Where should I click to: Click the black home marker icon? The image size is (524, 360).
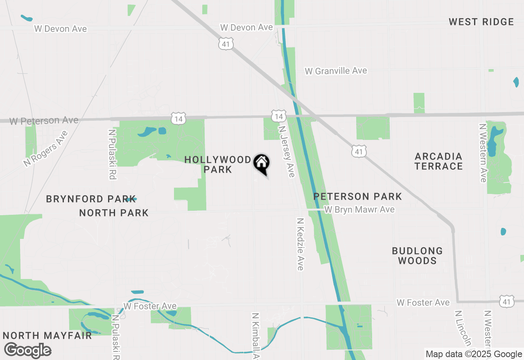261,164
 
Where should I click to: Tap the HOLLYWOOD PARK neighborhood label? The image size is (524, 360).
218,164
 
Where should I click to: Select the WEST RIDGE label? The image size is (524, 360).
481,22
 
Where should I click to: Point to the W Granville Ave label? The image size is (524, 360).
336,71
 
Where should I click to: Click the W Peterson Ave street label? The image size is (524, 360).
44,121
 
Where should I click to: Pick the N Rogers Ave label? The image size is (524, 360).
45,148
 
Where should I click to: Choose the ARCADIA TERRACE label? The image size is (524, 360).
438,161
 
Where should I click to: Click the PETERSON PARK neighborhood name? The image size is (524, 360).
358,196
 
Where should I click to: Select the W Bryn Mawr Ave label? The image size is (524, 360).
359,209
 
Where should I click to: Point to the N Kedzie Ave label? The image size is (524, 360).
300,244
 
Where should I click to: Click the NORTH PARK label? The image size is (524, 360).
114,213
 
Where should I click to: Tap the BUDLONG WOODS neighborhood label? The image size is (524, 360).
417,256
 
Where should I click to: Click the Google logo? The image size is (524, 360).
28,350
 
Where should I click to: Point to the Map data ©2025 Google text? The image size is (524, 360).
474,354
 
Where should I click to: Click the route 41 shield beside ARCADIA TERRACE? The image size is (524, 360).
359,152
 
